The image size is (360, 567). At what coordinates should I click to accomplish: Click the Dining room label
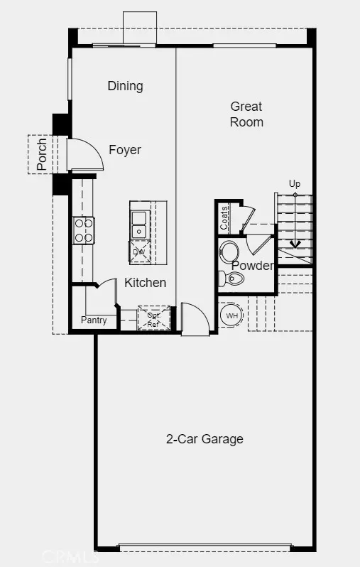click(x=126, y=86)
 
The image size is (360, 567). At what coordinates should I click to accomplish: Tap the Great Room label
click(x=246, y=114)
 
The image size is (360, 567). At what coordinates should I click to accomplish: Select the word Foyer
click(x=125, y=150)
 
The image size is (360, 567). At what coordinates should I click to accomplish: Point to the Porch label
click(x=42, y=154)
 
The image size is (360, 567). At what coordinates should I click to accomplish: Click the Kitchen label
click(x=146, y=283)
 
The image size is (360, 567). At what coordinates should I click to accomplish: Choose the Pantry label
click(x=94, y=320)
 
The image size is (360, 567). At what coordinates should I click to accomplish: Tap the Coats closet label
click(x=224, y=217)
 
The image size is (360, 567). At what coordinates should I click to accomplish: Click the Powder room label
click(x=253, y=266)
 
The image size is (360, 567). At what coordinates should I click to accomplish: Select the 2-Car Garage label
click(x=204, y=439)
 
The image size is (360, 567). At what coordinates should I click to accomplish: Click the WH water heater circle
click(x=231, y=315)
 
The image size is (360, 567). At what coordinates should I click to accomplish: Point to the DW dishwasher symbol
click(x=139, y=251)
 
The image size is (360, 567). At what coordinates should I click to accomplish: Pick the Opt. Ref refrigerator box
click(x=153, y=318)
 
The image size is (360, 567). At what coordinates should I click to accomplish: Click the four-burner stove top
click(x=84, y=230)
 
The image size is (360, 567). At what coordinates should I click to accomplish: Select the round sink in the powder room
click(x=229, y=252)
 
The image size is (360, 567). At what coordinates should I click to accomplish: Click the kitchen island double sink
click(x=141, y=225)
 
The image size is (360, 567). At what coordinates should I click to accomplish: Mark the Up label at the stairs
click(x=295, y=184)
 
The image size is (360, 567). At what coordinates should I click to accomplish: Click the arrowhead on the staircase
click(x=295, y=245)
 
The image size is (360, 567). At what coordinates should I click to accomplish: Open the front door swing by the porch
click(x=85, y=154)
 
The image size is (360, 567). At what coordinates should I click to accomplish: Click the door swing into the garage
click(x=195, y=319)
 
